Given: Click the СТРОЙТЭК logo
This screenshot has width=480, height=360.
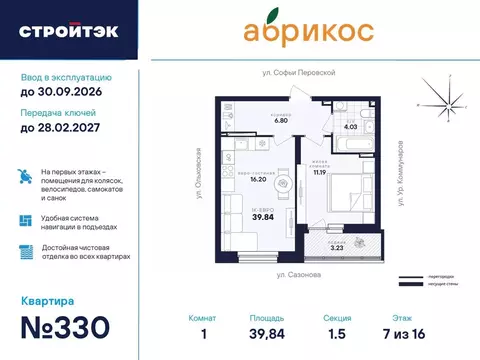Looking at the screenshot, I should (x=68, y=30).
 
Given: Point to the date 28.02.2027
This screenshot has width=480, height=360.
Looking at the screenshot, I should (x=66, y=126).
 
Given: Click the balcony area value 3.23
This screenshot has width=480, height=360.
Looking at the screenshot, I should (x=337, y=244).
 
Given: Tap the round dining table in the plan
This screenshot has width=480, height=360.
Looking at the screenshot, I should (x=285, y=184).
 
